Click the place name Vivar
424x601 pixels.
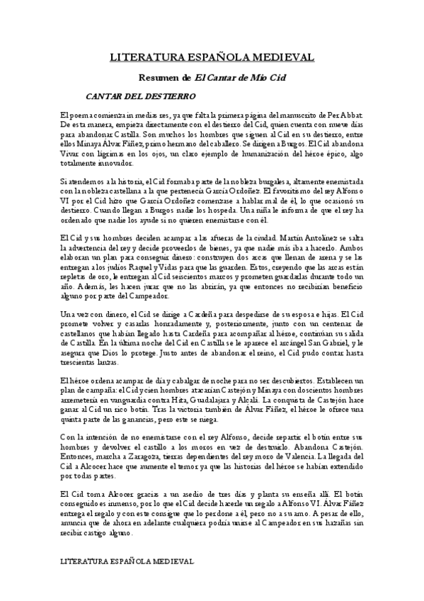point(70,152)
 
